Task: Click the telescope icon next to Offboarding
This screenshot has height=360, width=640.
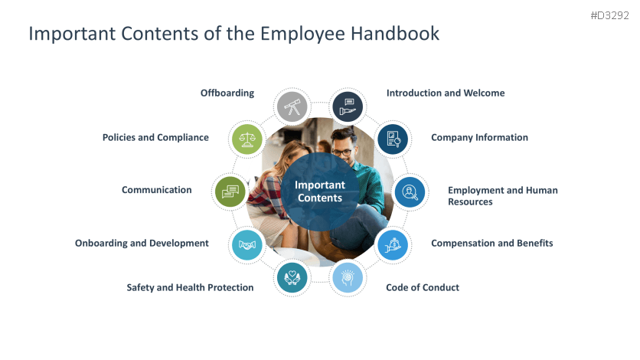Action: pyautogui.click(x=291, y=106)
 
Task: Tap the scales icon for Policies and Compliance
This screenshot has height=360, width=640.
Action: pyautogui.click(x=247, y=139)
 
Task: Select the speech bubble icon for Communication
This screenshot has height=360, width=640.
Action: pyautogui.click(x=230, y=191)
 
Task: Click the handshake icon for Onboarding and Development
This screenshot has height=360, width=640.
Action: pyautogui.click(x=247, y=245)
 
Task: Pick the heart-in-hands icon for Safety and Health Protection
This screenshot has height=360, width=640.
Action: pyautogui.click(x=291, y=277)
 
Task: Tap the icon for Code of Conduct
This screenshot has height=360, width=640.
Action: pyautogui.click(x=347, y=277)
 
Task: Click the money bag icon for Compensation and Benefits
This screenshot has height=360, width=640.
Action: pyautogui.click(x=392, y=244)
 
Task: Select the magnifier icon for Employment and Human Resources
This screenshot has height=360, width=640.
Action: pyautogui.click(x=410, y=191)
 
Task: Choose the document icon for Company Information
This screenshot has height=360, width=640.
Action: pyautogui.click(x=393, y=139)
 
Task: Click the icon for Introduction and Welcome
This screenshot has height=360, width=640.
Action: pyautogui.click(x=348, y=106)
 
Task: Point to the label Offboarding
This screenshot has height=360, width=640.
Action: pyautogui.click(x=227, y=93)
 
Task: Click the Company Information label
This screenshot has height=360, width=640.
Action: pyautogui.click(x=479, y=138)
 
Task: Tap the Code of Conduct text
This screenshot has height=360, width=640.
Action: pyautogui.click(x=423, y=287)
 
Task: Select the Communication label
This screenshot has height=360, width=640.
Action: pyautogui.click(x=156, y=190)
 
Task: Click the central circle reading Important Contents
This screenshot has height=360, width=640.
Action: pyautogui.click(x=320, y=191)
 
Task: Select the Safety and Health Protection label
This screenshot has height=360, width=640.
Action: pyautogui.click(x=190, y=287)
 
